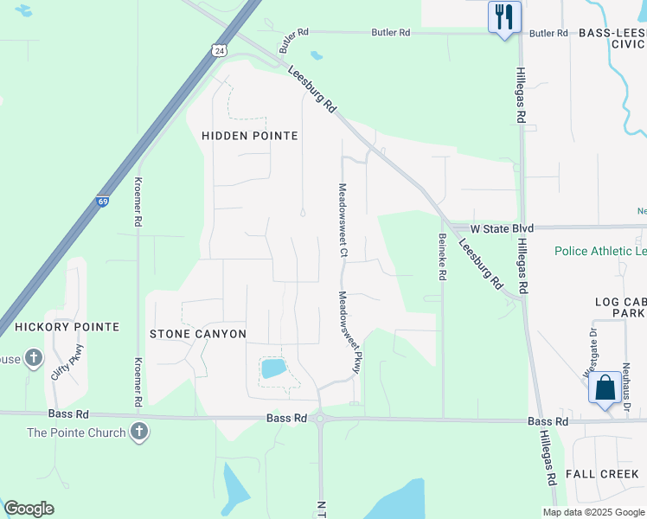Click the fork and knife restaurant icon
click(503, 16)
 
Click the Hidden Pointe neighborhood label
click(249, 136)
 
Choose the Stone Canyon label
click(198, 334)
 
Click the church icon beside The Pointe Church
click(138, 432)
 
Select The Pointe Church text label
click(76, 432)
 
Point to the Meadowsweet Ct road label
click(343, 220)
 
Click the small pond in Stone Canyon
click(273, 369)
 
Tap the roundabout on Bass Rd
click(321, 420)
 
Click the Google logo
click(29, 509)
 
